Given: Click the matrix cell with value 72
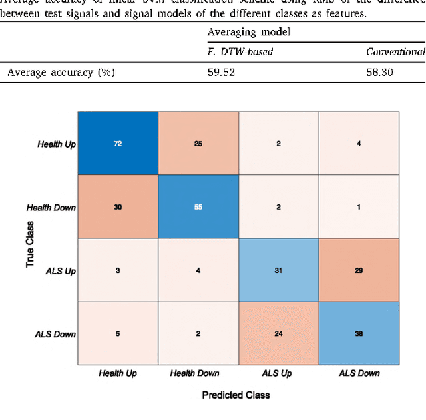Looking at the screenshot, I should pos(118,144).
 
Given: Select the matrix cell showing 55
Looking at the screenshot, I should pos(198,207).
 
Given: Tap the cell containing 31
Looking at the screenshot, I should pos(278,270).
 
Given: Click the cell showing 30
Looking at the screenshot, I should pos(118,207).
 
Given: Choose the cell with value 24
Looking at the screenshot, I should pos(278,332).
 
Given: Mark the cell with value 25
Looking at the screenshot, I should pos(198,144).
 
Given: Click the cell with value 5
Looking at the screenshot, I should pos(118,332).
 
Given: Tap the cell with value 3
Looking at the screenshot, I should pos(118,270).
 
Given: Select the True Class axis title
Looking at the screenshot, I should pos(30,238).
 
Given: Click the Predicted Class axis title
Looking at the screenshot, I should pos(236,395).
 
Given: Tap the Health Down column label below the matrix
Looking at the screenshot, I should pos(198,373).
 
